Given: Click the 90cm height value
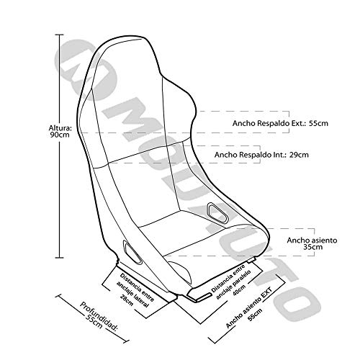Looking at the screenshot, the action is point(60,135).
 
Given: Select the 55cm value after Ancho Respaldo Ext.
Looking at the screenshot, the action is point(318,123).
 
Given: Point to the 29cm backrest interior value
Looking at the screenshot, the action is point(299,155).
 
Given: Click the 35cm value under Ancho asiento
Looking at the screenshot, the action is point(312,247).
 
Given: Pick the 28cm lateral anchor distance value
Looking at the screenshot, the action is point(127,300).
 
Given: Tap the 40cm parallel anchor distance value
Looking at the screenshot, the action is point(239,290).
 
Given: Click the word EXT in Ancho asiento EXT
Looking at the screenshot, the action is point(266,293).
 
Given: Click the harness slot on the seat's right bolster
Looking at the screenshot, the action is point(218,213).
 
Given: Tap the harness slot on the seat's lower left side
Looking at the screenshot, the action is point(132,253).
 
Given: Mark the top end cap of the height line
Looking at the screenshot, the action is point(60,35).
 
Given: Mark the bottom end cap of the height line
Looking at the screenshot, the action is point(60,258).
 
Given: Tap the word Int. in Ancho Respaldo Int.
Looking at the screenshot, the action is point(281,155).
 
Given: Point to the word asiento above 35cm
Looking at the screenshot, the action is point(324,240).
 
